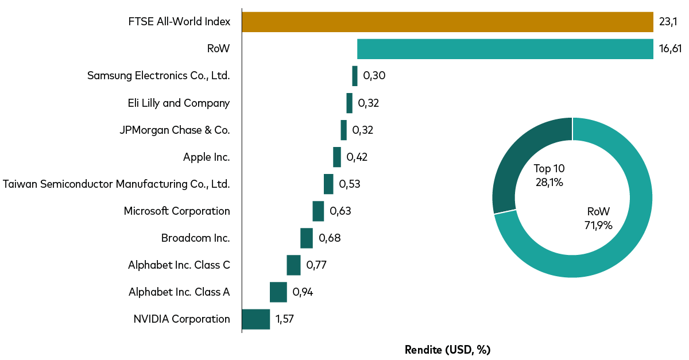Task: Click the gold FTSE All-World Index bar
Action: tap(447, 22)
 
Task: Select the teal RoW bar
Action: tap(505, 49)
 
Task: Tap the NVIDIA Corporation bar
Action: tap(256, 319)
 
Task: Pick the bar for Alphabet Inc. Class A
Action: tap(278, 292)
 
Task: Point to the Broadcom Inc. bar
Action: tap(307, 238)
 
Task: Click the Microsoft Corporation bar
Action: tap(318, 211)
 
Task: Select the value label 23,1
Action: tap(668, 22)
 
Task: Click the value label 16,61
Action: tap(670, 49)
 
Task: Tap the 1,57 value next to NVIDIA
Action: tap(285, 319)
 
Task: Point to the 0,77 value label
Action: tap(317, 265)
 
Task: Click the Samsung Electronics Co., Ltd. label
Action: tap(158, 76)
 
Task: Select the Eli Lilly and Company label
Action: tap(179, 103)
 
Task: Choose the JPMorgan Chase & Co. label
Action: tap(175, 130)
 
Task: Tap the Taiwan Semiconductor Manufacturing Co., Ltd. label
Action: tap(117, 184)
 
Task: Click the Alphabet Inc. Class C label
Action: tap(179, 265)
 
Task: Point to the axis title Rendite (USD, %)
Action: tap(447, 350)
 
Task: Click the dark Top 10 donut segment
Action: tap(511, 167)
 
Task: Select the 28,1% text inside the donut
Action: tap(549, 183)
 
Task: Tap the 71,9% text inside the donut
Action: tap(598, 225)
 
